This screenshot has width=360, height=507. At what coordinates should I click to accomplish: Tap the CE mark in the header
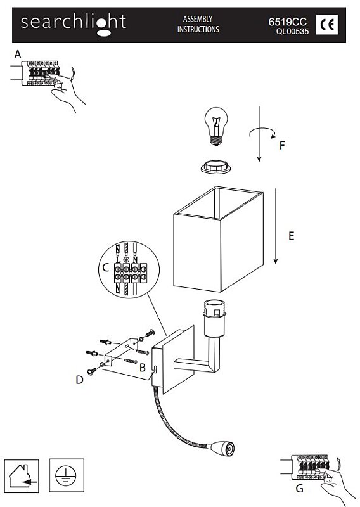coord(327,25)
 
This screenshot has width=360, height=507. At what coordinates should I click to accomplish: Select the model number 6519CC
coord(287,22)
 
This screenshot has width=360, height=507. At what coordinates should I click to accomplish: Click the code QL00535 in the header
coord(292,31)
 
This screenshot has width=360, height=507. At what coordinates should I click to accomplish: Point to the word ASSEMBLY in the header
coord(198,19)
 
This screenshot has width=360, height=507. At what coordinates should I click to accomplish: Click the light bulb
coord(216,126)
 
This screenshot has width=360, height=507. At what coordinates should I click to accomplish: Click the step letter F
coord(282,145)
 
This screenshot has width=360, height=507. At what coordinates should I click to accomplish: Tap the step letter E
coord(291,236)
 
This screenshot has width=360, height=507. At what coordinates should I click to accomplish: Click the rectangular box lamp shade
coord(218,239)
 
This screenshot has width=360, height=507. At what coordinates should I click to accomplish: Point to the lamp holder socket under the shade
coord(214,318)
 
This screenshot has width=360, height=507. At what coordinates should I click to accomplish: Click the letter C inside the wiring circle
coord(106,267)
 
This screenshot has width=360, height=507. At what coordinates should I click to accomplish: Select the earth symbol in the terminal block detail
coord(126,259)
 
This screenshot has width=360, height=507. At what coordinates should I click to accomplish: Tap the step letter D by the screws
coord(80,380)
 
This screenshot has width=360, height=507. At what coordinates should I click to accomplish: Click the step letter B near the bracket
coord(143,368)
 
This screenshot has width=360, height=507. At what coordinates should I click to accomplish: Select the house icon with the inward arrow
coord(22,476)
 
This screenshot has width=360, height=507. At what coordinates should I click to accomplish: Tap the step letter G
coord(300,488)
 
